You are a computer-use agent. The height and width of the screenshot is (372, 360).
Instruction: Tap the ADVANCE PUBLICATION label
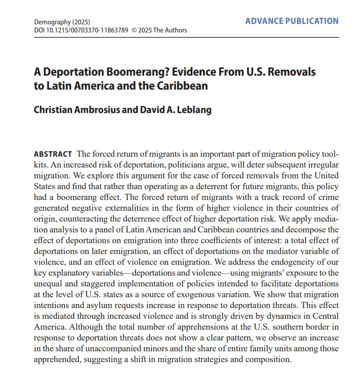[x=292, y=21]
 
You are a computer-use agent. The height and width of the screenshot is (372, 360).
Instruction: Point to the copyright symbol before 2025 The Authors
[x=134, y=30]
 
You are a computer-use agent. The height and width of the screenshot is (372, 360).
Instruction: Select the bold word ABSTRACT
[x=53, y=154]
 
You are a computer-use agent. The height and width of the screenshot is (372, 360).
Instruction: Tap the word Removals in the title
[x=293, y=72]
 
